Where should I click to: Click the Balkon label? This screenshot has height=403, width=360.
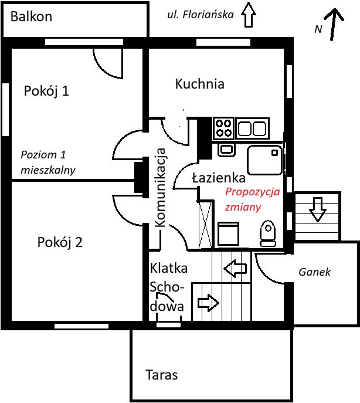coord(32,16)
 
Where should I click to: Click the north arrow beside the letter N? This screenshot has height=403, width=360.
coord(334,25)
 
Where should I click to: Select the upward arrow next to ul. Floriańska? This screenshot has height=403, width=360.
coord(249,14)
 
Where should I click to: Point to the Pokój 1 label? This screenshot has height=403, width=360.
coord(47,91)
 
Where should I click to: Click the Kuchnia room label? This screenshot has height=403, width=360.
coord(199,84)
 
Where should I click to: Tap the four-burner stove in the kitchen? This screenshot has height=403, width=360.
coord(223,127)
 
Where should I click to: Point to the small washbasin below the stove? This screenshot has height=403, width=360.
coord(226,149)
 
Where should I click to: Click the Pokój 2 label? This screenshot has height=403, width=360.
coord(59,242)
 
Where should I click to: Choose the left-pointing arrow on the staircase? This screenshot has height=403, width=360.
coord(236,269)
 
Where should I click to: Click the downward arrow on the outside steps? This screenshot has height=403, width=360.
coord(317,209)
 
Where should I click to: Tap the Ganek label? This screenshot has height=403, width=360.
coord(315,272)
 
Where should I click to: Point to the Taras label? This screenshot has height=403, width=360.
coord(161,374)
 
